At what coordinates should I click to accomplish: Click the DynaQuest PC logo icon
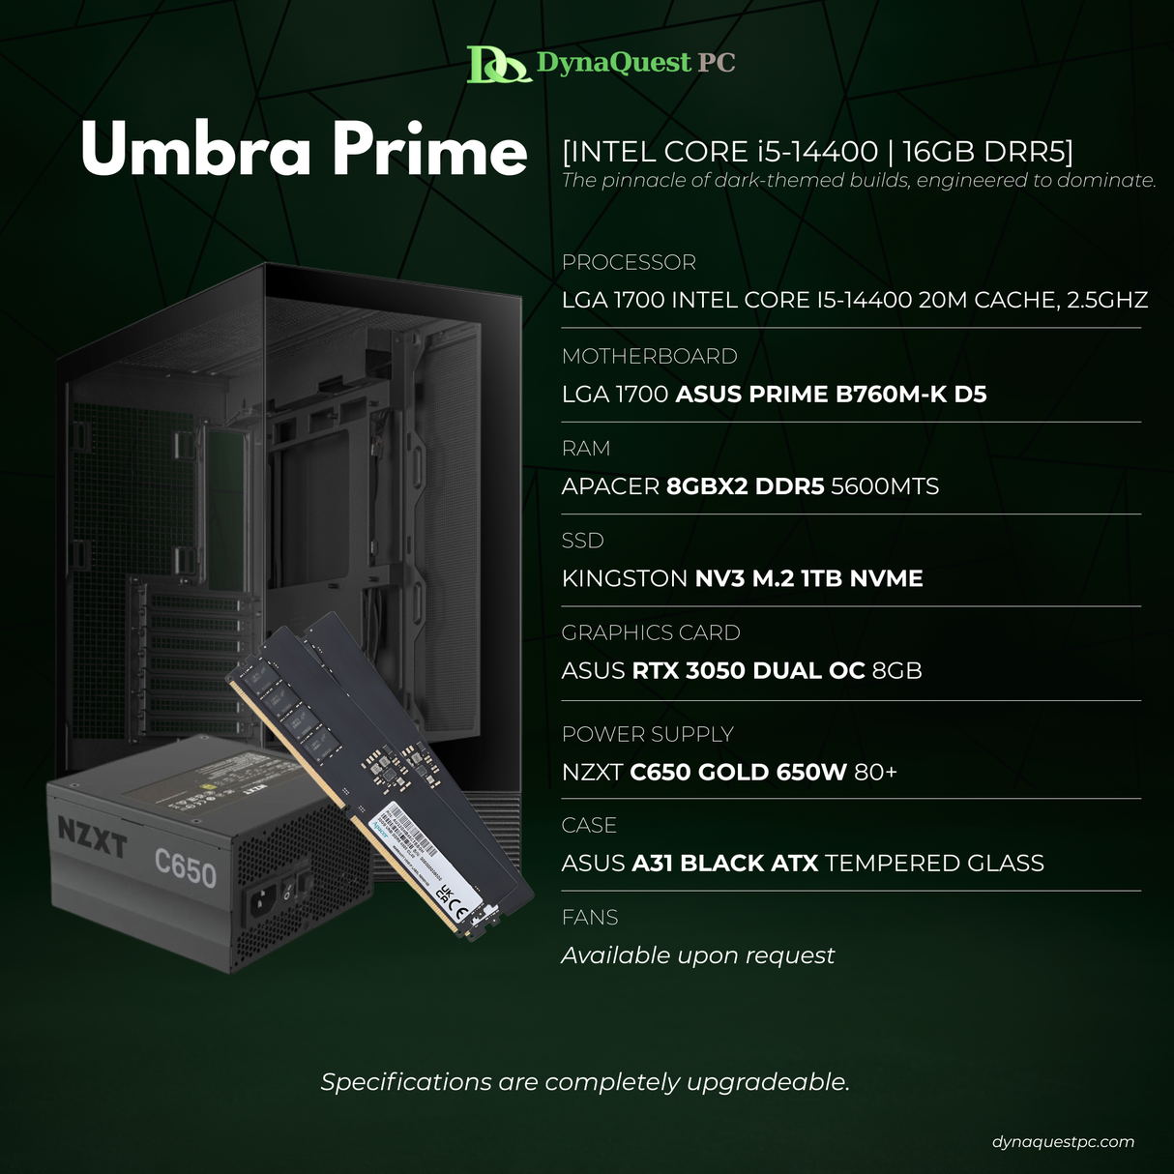click(497, 65)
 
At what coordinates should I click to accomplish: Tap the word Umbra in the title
click(195, 151)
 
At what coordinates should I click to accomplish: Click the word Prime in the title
click(429, 151)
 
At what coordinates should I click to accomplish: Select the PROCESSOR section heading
click(629, 263)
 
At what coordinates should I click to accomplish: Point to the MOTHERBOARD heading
click(649, 357)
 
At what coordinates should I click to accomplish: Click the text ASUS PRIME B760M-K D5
click(831, 395)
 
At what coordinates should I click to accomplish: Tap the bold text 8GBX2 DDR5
click(745, 486)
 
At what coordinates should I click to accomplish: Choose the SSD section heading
click(582, 541)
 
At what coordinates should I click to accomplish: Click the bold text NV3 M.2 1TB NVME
click(808, 578)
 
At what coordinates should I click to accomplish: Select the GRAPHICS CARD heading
click(651, 632)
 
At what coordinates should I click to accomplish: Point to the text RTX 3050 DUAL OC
click(748, 671)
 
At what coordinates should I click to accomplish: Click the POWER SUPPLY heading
click(647, 734)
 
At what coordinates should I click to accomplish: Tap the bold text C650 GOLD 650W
click(738, 773)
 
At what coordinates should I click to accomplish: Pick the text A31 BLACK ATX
click(724, 864)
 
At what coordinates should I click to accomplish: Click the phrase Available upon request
click(697, 955)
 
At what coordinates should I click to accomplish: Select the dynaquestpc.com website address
click(1063, 1142)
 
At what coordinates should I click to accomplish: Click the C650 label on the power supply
click(185, 867)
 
